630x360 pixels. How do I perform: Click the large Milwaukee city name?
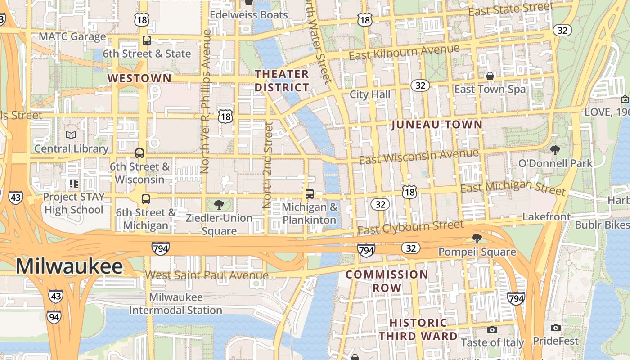coord(69,266)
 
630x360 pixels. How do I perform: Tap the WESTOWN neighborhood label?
coord(139,78)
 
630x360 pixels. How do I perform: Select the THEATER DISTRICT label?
coord(282,81)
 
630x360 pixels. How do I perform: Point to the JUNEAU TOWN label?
coord(436,125)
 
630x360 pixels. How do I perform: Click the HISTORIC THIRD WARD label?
coord(418,329)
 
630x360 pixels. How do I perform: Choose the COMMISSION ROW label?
coord(387,281)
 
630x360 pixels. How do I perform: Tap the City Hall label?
coord(370,94)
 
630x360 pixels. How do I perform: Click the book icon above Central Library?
coord(71,135)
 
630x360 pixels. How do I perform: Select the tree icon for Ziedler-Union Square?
coord(219,205)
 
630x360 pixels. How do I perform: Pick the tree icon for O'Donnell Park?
coord(555,150)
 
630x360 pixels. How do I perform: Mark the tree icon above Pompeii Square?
coord(477,238)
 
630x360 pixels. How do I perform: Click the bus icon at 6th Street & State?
coord(147,40)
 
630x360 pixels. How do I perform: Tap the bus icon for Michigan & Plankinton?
coord(310,194)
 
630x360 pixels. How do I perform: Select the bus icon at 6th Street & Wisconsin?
coord(139,153)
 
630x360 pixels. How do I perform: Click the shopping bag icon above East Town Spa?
coord(490,76)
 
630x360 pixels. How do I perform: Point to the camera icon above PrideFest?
coord(556,328)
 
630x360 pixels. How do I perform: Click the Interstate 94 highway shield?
coord(54,317)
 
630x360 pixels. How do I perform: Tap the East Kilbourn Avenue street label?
coord(404,52)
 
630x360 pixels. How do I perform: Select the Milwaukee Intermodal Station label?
coord(175,304)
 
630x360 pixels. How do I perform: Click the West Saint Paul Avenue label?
coord(207,275)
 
